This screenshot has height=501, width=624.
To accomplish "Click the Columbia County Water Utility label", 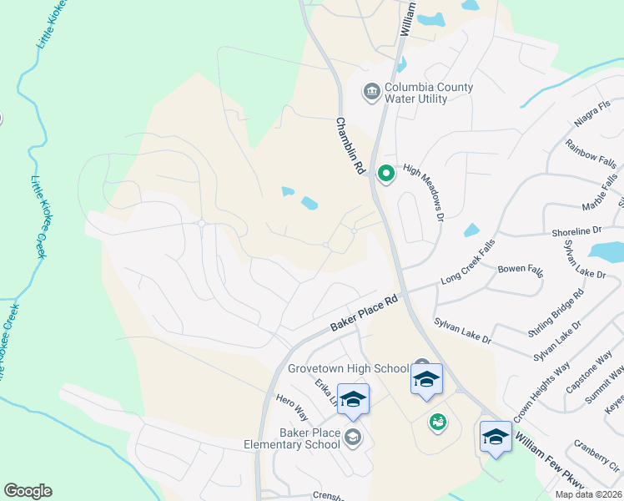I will pyautogui.click(x=428, y=93).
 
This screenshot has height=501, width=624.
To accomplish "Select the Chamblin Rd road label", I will pyautogui.click(x=351, y=145).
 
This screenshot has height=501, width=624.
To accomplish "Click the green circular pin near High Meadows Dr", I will pyautogui.click(x=385, y=174).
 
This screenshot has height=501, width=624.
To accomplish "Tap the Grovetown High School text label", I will pyautogui.click(x=348, y=368).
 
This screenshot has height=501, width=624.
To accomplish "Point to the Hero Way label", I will pyautogui.click(x=292, y=407).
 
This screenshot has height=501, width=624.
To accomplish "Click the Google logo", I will pyautogui.click(x=28, y=491).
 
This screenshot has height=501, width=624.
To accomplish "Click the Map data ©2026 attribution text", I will pyautogui.click(x=587, y=494).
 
